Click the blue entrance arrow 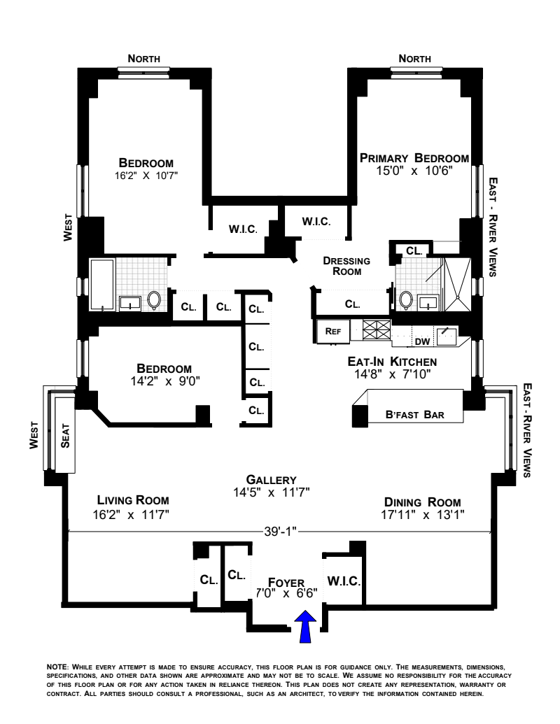tap(305, 627)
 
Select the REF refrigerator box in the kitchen tap(332, 332)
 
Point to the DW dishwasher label tap(421, 341)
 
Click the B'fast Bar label tap(415, 415)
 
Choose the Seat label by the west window tap(65, 436)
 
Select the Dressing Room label tap(346, 266)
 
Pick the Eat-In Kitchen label tap(392, 362)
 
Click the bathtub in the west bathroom tap(101, 285)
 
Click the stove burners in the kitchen tap(377, 329)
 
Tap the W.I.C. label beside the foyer tap(343, 581)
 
